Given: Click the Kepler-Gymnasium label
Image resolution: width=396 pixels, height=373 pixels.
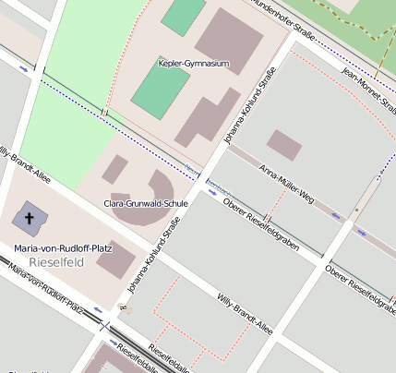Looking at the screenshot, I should tap(192, 64).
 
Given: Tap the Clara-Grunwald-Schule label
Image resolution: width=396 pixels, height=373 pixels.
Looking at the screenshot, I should tap(146, 203).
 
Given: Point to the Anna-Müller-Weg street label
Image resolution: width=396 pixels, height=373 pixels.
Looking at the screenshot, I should tap(287, 184).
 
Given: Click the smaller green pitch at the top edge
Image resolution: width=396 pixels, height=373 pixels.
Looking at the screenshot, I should tap(183, 16).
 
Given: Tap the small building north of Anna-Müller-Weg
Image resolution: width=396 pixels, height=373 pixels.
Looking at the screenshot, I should tap(283, 145).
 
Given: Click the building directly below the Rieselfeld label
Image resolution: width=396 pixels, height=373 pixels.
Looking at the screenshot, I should tap(115, 260).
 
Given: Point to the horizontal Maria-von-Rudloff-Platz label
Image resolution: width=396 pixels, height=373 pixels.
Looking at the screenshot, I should tap(57, 247).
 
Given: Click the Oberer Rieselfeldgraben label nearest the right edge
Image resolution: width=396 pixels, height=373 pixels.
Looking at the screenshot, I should tap(361, 290).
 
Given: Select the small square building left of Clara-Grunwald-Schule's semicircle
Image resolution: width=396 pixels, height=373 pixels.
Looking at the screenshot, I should tap(114, 169).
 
